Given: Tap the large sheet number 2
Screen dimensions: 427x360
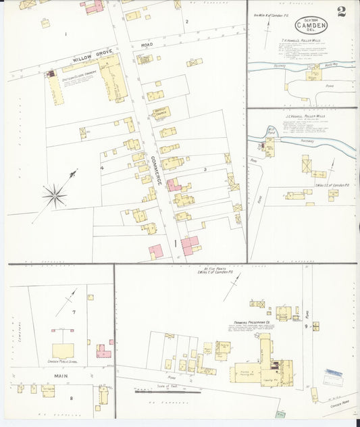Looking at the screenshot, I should (342, 11).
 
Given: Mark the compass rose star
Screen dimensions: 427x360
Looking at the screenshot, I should (55, 197).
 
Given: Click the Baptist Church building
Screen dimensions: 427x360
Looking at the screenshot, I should (160, 114).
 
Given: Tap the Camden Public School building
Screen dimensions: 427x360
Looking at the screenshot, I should (63, 351).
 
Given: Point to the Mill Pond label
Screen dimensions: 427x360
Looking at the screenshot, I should (271, 129).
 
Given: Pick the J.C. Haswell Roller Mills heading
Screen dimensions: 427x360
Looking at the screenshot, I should (305, 116).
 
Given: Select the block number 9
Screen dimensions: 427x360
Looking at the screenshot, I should (306, 327).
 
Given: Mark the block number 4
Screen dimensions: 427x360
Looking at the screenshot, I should (102, 167).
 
